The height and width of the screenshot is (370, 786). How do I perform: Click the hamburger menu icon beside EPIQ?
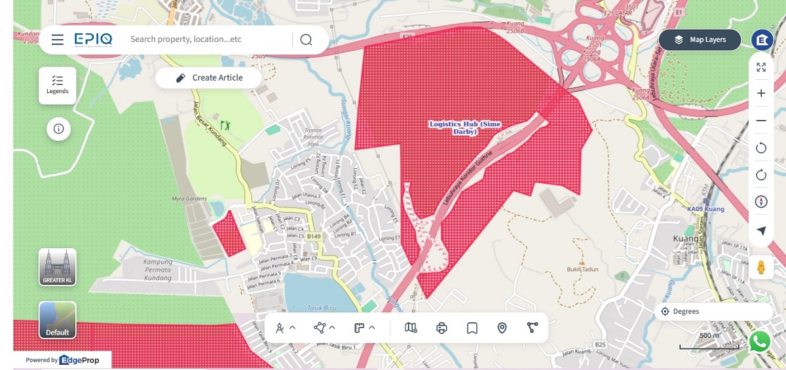pyautogui.click(x=58, y=40)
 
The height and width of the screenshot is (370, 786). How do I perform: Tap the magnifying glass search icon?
pyautogui.click(x=306, y=40)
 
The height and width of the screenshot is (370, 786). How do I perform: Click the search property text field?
pyautogui.click(x=206, y=39)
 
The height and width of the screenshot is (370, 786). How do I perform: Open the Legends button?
pyautogui.click(x=58, y=85)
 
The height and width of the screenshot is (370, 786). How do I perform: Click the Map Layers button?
pyautogui.click(x=700, y=40)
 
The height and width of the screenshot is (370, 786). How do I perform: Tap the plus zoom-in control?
pyautogui.click(x=761, y=93)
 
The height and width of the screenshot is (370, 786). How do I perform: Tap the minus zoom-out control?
pyautogui.click(x=761, y=120)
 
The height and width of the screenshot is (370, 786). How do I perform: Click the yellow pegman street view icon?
pyautogui.click(x=761, y=267)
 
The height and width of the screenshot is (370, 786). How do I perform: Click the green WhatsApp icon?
pyautogui.click(x=760, y=341)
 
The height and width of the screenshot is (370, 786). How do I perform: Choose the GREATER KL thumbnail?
pyautogui.click(x=58, y=267)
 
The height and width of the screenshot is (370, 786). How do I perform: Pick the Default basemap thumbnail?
pyautogui.click(x=58, y=320)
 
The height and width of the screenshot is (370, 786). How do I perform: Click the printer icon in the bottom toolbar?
pyautogui.click(x=441, y=327)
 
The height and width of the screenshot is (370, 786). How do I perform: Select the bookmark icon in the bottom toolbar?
pyautogui.click(x=472, y=327)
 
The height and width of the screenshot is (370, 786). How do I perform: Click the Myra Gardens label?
pyautogui.click(x=189, y=198)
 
